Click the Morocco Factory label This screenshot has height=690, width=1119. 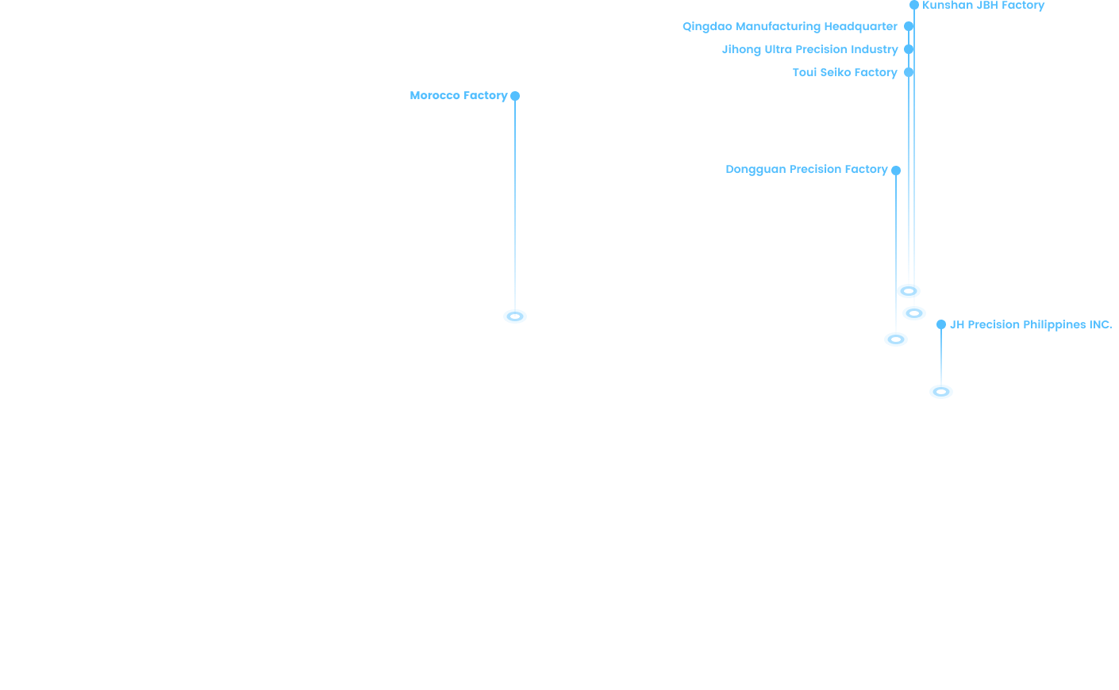(458, 95)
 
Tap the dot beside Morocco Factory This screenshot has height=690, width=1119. (515, 96)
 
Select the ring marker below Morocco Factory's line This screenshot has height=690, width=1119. (515, 316)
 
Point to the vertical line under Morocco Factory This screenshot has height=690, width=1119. (515, 206)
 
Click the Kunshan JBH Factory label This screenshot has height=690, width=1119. (983, 6)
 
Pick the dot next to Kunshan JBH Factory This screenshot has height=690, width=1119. (914, 5)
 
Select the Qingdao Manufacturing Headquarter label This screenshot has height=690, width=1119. (790, 26)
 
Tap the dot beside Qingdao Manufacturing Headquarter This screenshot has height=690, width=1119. (909, 26)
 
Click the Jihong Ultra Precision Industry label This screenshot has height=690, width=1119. (809, 49)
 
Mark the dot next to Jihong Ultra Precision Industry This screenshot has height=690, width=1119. (909, 49)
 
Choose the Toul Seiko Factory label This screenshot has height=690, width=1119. (844, 72)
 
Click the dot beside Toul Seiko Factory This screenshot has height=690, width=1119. (909, 72)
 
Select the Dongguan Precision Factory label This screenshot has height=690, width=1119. (806, 169)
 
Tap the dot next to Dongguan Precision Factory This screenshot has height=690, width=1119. (896, 171)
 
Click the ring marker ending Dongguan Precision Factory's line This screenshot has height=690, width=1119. (896, 339)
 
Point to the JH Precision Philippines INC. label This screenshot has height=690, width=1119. (1030, 324)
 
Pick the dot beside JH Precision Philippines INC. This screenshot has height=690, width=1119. (941, 324)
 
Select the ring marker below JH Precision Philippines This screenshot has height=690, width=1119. (941, 392)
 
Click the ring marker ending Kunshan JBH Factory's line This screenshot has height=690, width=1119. (914, 313)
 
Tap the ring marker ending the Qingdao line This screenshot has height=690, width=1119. (909, 291)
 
